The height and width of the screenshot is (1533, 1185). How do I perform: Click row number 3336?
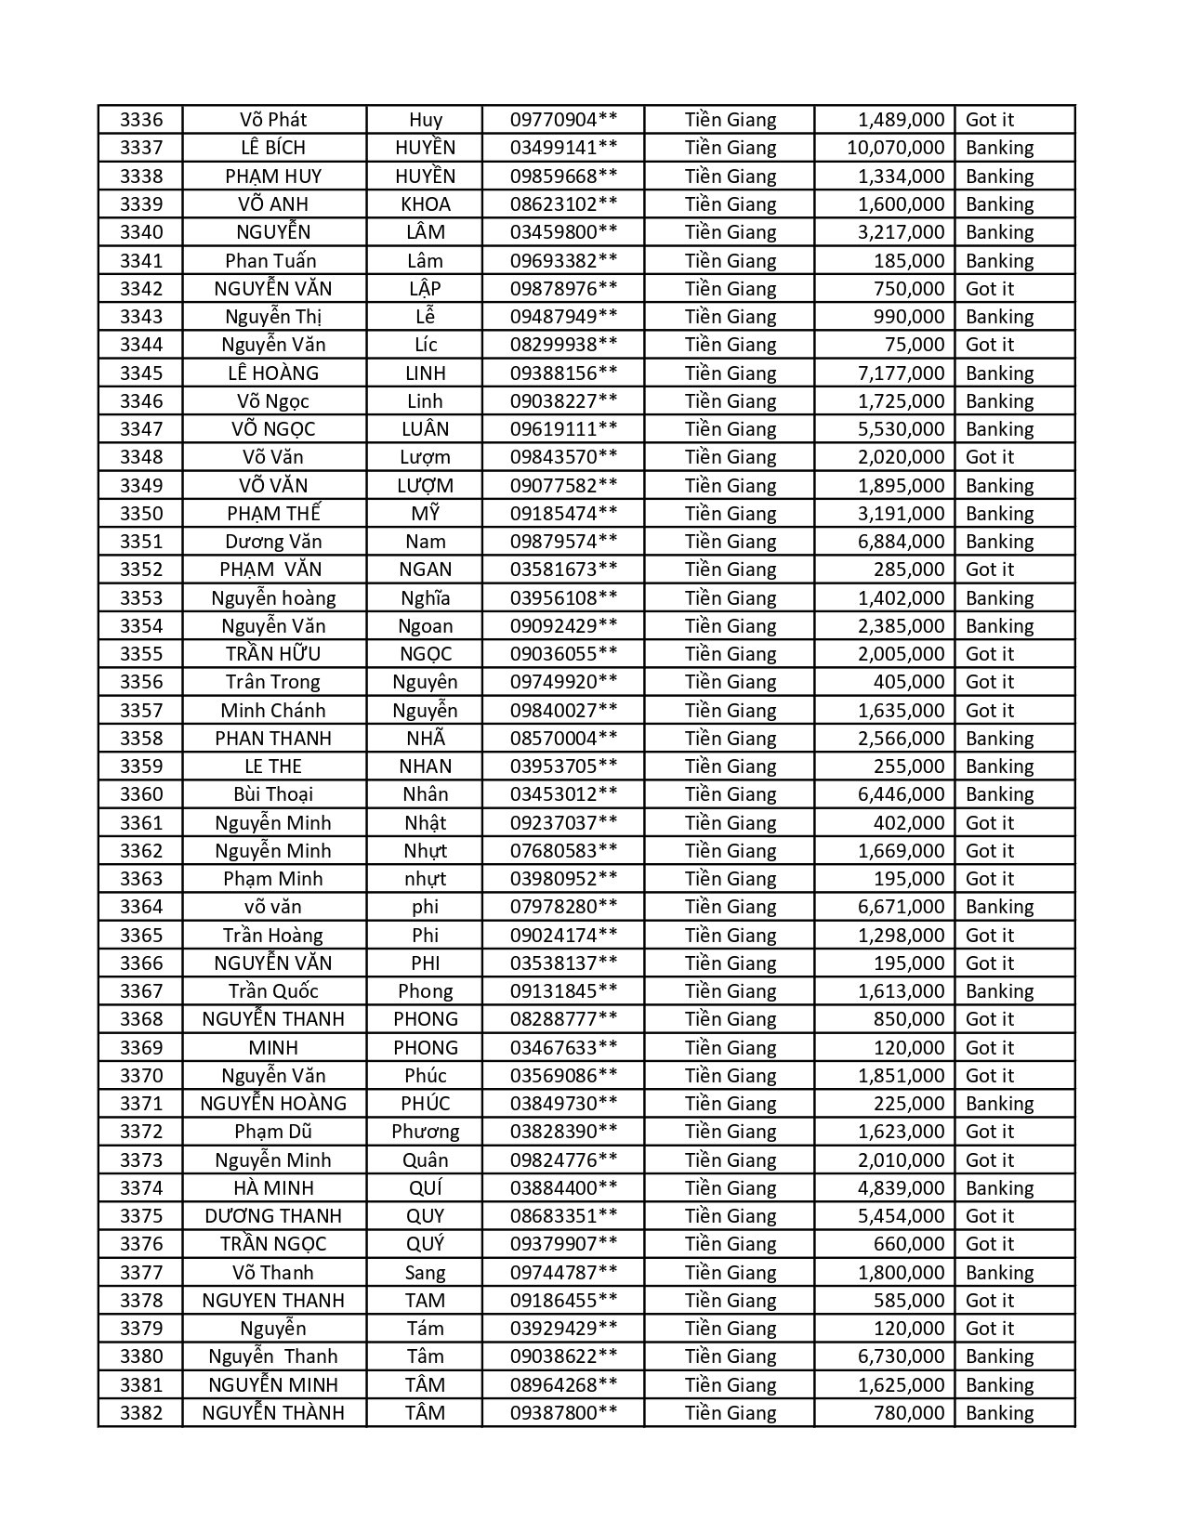141,120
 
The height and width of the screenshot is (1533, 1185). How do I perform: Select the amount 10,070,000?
895,148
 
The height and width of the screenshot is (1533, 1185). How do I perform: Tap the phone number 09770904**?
563,120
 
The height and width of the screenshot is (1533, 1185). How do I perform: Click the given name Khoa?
426,204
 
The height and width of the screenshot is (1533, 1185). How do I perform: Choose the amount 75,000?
915,345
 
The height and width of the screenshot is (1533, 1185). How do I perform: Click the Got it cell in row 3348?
990,457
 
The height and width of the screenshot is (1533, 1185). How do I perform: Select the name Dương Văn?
273,542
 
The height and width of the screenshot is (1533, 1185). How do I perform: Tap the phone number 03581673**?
563,570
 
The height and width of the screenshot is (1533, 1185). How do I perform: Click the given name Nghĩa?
426,598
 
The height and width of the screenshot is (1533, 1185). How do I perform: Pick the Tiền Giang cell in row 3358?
730,739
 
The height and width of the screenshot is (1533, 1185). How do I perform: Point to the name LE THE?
273,766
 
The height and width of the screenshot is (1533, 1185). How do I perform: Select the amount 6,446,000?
901,794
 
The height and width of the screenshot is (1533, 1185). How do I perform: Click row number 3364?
141,907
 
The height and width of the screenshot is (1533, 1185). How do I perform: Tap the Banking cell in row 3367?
999,991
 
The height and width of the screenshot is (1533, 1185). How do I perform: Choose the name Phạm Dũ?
273,1132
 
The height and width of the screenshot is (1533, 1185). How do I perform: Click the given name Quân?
426,1160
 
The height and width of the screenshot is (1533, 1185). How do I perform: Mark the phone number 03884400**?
563,1188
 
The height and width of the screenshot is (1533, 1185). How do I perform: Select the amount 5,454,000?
901,1216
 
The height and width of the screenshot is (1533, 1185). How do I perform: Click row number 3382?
141,1413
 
